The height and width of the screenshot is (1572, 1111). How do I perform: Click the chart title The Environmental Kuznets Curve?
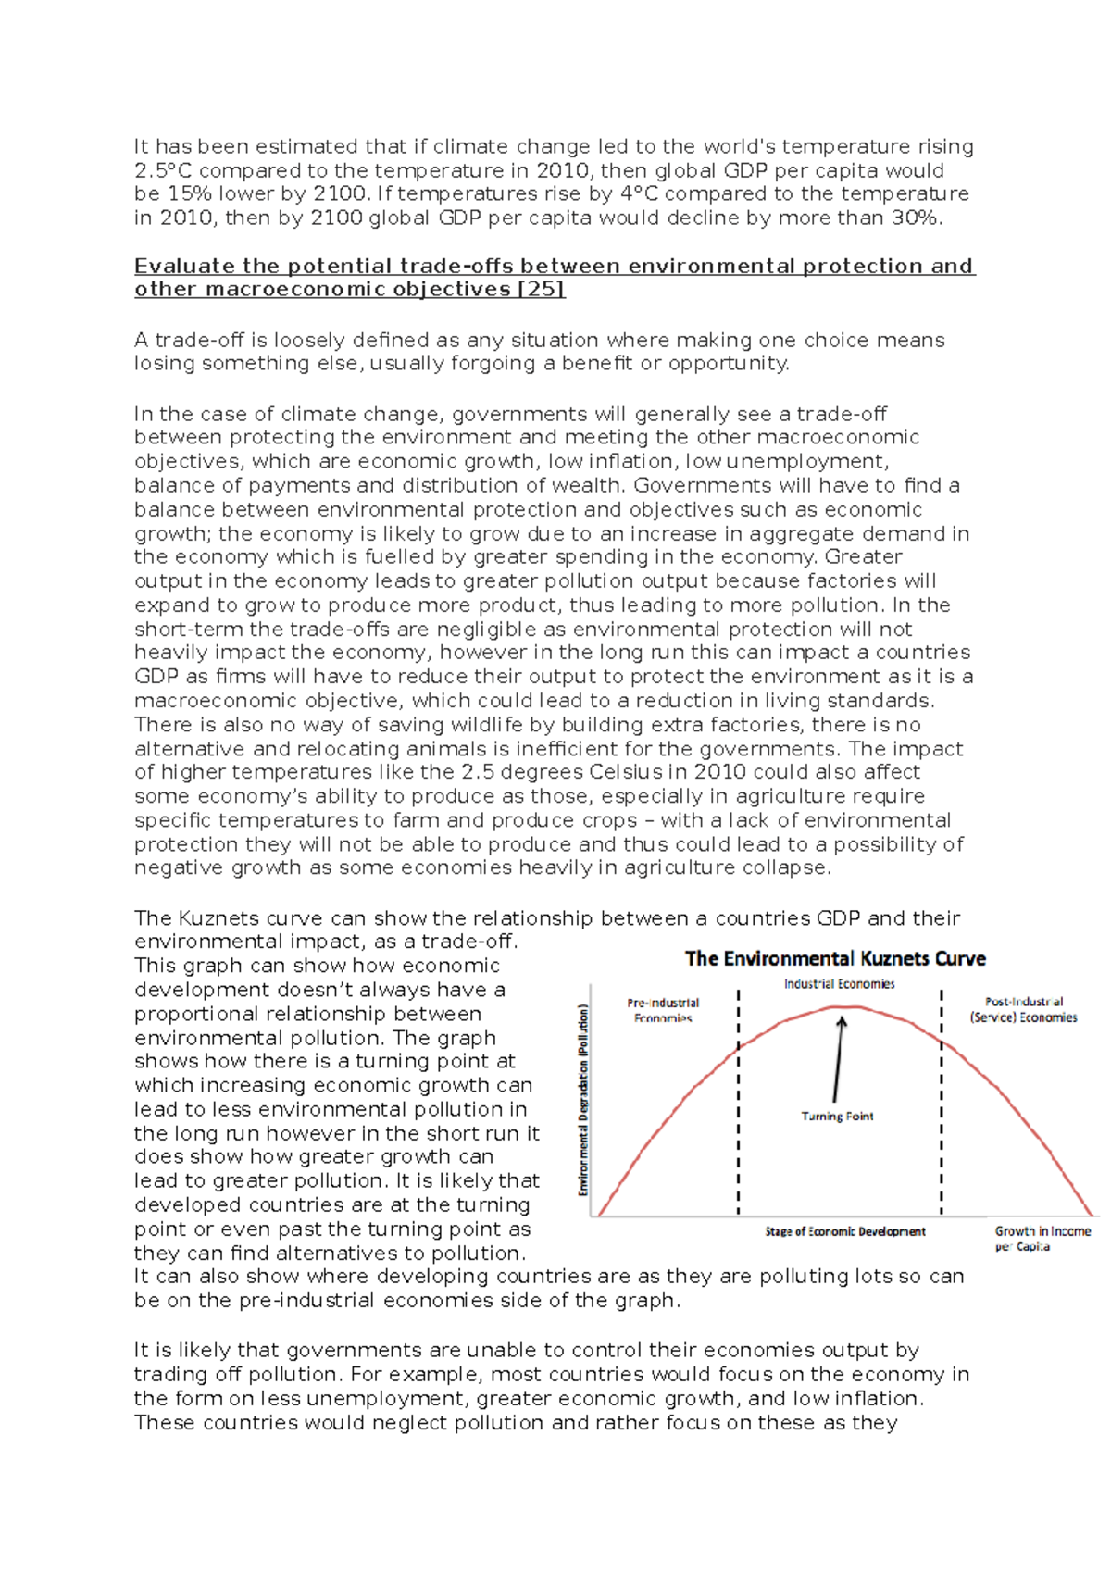pyautogui.click(x=835, y=959)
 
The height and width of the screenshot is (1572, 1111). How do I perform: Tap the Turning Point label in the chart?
pyautogui.click(x=837, y=1117)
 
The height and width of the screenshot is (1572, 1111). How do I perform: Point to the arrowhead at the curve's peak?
pyautogui.click(x=842, y=1022)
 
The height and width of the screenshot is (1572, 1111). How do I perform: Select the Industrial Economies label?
pyautogui.click(x=839, y=984)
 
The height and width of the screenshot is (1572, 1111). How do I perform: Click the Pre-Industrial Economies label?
pyautogui.click(x=663, y=1010)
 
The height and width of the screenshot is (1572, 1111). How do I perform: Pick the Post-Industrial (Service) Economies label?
pyautogui.click(x=1023, y=1009)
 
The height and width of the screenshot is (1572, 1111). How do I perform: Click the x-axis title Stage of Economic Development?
pyautogui.click(x=844, y=1231)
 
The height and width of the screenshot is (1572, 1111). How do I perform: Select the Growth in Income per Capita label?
pyautogui.click(x=1042, y=1239)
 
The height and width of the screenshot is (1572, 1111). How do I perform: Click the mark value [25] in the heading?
pyautogui.click(x=542, y=290)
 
